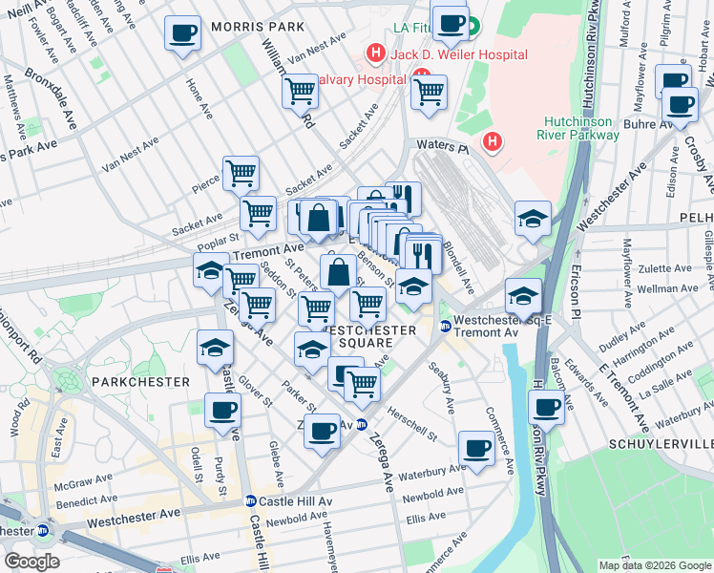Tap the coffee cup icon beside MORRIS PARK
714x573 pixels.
(x=181, y=34)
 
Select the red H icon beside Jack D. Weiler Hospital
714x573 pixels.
(x=376, y=54)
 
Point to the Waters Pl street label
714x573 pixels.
(x=441, y=146)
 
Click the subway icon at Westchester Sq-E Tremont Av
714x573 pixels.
(x=444, y=327)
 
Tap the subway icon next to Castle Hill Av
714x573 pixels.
(x=250, y=500)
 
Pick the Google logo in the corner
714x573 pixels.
(x=31, y=561)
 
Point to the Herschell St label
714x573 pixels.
(x=412, y=422)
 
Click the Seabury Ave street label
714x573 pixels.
(x=441, y=387)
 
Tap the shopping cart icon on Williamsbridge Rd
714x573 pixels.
(x=300, y=92)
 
